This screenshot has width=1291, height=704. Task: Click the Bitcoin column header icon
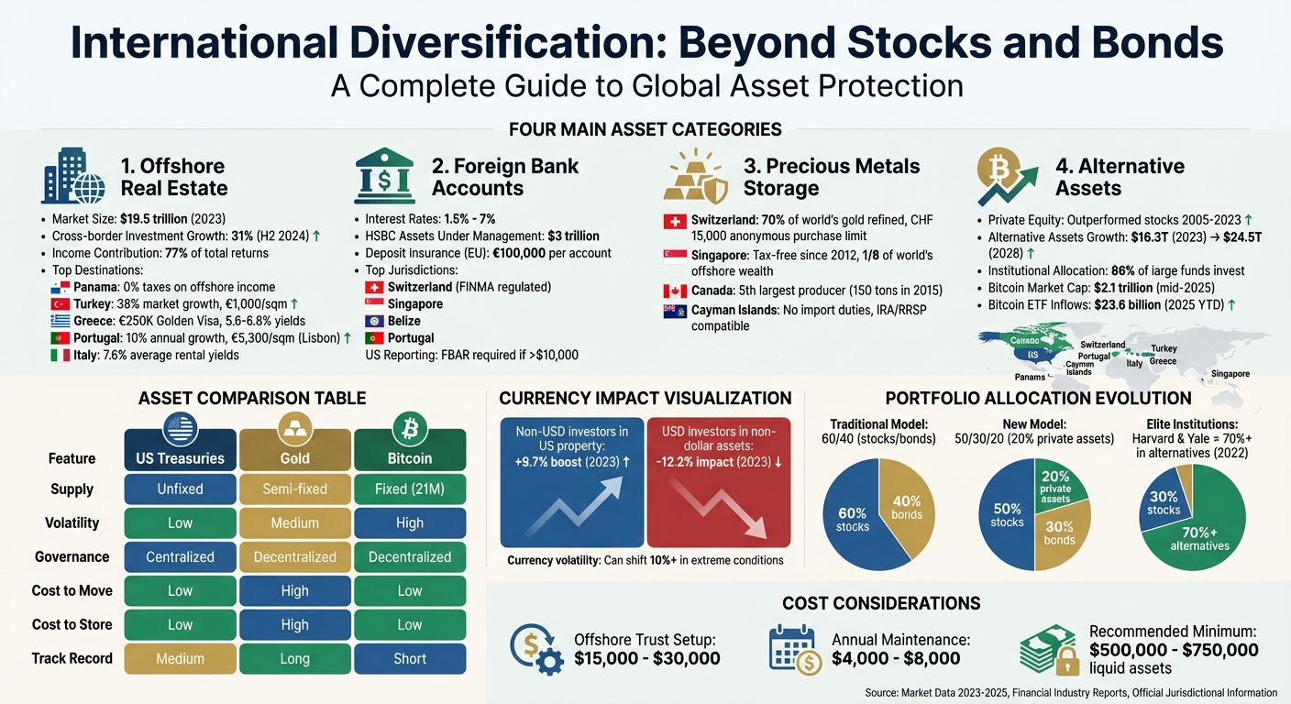click(409, 428)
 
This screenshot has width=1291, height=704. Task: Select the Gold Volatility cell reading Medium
click(294, 522)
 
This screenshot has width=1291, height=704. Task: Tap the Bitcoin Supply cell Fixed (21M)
click(409, 489)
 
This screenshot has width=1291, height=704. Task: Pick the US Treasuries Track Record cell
click(180, 658)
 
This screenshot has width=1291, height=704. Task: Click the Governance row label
click(72, 556)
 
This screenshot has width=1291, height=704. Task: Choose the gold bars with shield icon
click(694, 177)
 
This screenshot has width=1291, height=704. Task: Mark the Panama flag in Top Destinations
click(61, 286)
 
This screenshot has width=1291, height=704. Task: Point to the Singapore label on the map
click(1230, 373)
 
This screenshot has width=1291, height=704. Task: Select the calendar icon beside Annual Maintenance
click(793, 650)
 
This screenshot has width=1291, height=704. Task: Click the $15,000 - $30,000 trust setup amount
click(646, 658)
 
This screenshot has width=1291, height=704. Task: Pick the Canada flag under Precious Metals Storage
click(674, 291)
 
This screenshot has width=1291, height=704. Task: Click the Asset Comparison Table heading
click(252, 398)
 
